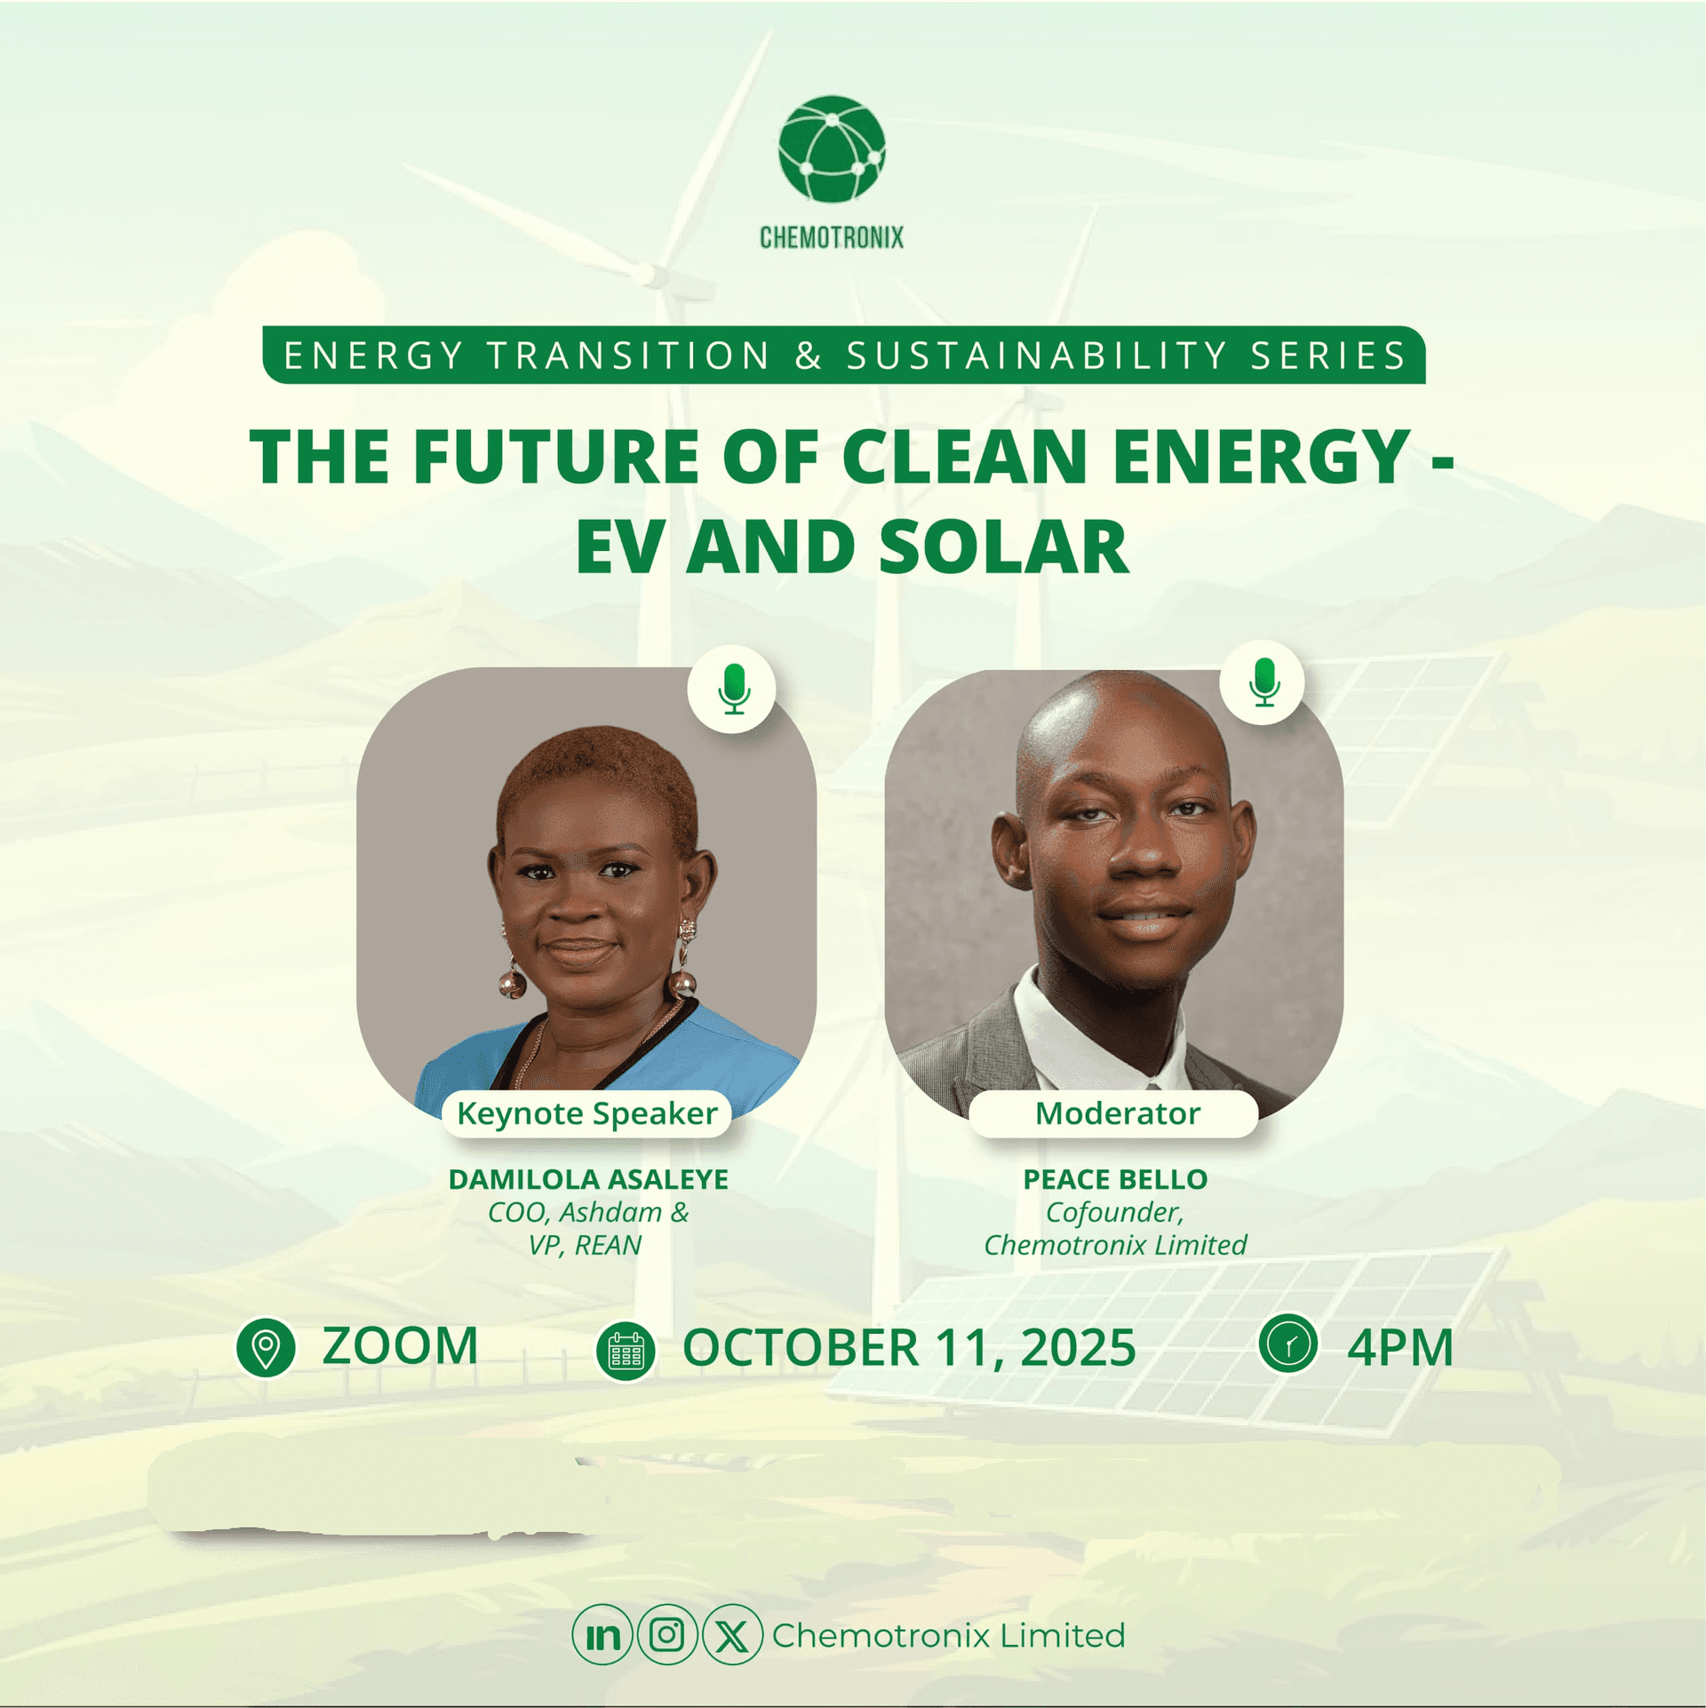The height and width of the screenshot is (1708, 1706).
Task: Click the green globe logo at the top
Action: click(x=832, y=148)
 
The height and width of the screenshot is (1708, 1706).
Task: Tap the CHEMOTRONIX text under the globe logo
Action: click(x=832, y=237)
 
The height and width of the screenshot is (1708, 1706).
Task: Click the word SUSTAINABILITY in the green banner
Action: click(x=1037, y=355)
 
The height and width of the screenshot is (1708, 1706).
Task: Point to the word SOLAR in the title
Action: click(x=1004, y=547)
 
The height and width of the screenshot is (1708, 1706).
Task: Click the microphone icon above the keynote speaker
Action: click(x=734, y=689)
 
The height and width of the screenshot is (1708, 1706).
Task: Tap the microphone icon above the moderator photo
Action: click(x=1264, y=682)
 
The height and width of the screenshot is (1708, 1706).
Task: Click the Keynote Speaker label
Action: click(x=587, y=1113)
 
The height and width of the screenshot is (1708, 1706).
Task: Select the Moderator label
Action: click(x=1117, y=1113)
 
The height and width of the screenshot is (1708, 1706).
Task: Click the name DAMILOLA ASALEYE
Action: click(x=588, y=1179)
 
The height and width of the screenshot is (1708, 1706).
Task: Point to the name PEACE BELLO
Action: click(x=1115, y=1179)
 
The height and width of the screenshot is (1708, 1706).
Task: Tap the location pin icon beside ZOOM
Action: click(x=265, y=1348)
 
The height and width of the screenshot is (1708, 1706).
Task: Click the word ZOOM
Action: click(x=400, y=1346)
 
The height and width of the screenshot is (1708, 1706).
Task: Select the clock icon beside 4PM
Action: click(x=1287, y=1343)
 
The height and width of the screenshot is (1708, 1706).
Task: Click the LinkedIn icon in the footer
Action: click(x=602, y=1635)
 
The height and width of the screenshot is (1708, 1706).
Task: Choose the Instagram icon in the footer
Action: click(x=667, y=1634)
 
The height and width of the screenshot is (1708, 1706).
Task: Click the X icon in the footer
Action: click(x=732, y=1635)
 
